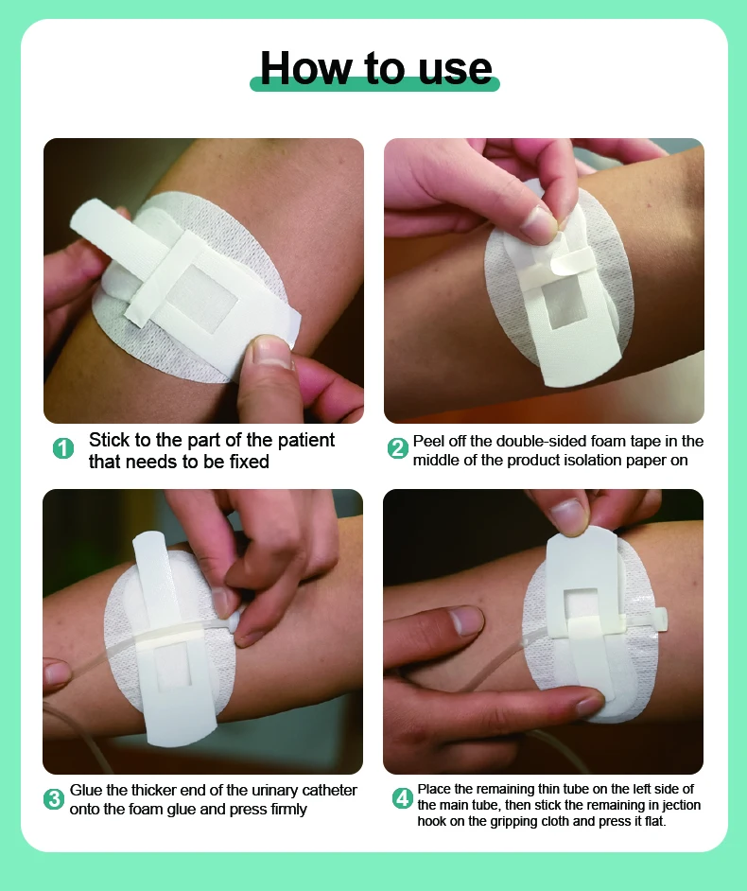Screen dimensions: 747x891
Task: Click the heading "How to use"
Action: (x=375, y=67)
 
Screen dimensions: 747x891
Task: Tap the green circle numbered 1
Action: (x=63, y=448)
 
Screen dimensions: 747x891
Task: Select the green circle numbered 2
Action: (x=398, y=448)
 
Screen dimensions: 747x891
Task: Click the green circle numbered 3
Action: (x=54, y=799)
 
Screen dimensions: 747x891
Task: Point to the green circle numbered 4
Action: (x=403, y=798)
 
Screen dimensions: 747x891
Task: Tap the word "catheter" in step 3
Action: (x=329, y=790)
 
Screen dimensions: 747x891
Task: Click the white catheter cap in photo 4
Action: (x=660, y=619)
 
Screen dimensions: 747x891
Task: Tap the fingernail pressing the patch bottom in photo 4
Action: (x=590, y=706)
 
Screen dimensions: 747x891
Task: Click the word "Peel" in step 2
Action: (x=429, y=441)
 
